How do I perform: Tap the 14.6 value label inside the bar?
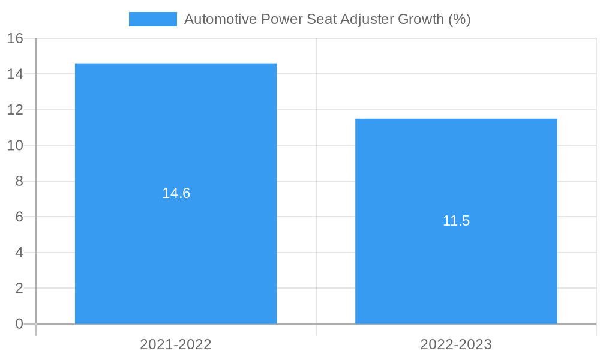coord(176,193)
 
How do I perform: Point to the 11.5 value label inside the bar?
coord(456,221)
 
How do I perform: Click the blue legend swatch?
coord(153,19)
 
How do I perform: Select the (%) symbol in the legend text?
coord(459,19)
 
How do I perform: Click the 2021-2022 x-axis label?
coord(176,344)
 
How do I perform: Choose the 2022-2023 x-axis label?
coord(456,344)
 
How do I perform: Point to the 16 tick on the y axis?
coord(15,38)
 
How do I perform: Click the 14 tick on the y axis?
coord(15,74)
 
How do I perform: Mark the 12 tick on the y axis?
coord(15,110)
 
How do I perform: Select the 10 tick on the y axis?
coord(15,146)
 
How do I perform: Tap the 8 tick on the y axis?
coord(19,181)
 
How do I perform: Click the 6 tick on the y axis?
coord(19,217)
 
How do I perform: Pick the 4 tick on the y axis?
coord(19,253)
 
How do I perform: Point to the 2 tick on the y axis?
coord(19,288)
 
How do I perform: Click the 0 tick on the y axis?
coord(19,324)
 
